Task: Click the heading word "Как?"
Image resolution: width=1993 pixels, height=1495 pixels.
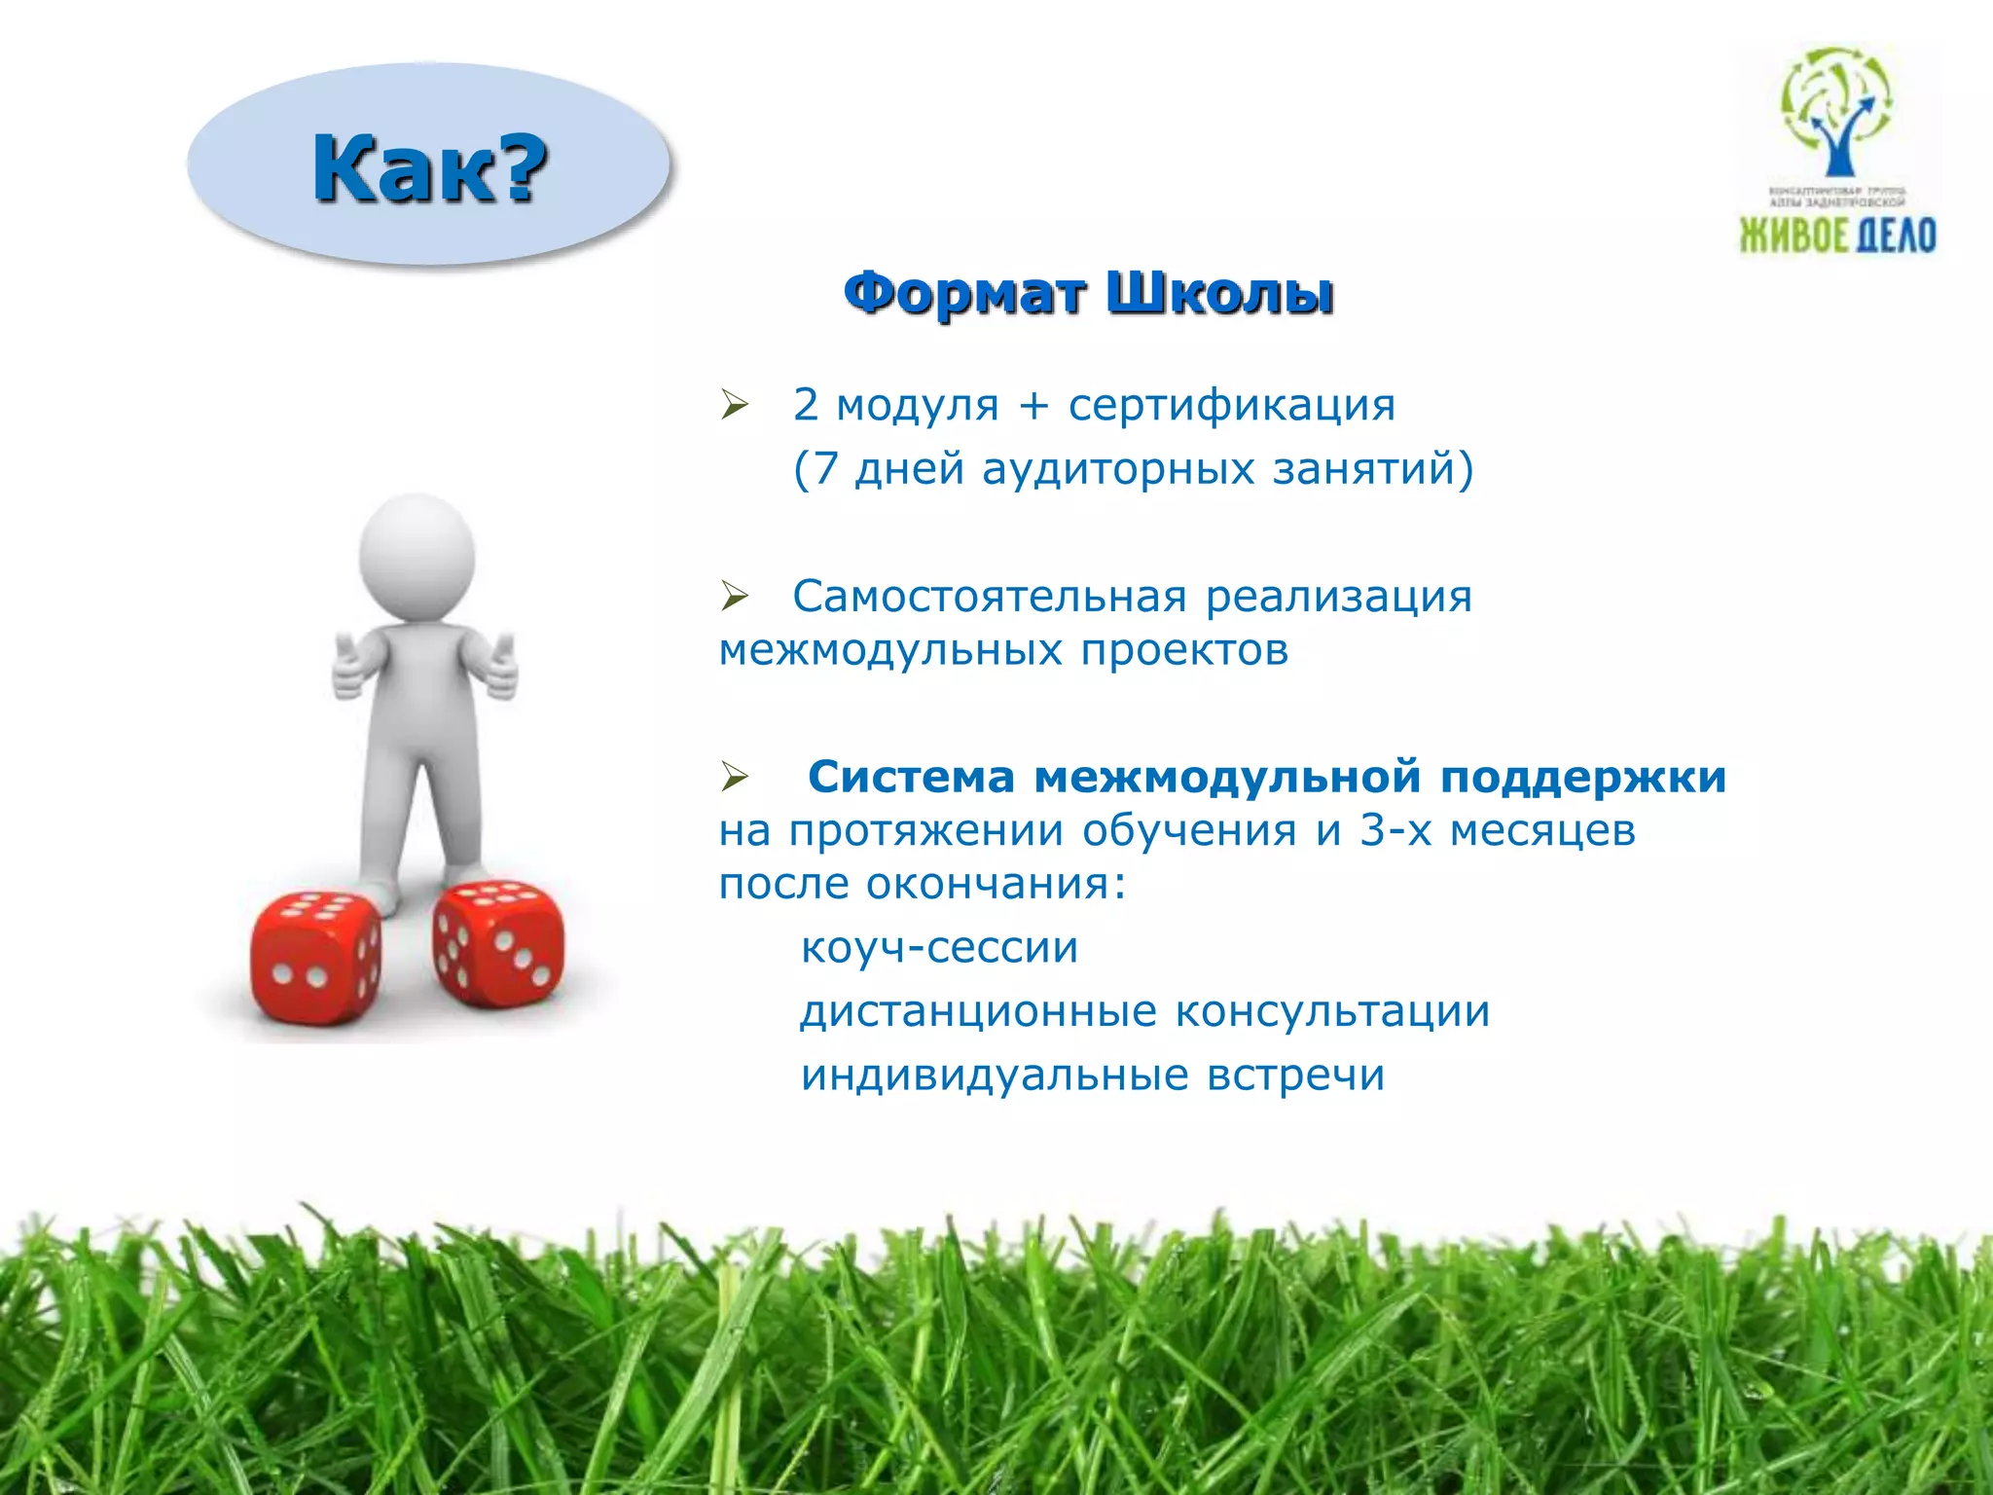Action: [x=429, y=168]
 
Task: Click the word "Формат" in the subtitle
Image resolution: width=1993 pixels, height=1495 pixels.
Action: [x=963, y=292]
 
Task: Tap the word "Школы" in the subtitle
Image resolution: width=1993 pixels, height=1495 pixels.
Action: [x=1220, y=292]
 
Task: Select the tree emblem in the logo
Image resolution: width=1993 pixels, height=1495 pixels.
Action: [x=1836, y=113]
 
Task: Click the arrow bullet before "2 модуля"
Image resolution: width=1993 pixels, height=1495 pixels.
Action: [x=735, y=403]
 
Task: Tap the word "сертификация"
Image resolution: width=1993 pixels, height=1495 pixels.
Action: [x=1232, y=405]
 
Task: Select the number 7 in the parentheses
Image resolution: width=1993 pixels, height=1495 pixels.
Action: [x=824, y=469]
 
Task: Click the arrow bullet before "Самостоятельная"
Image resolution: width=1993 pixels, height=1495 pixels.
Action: [x=735, y=595]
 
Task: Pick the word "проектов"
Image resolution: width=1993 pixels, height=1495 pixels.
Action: [x=1184, y=650]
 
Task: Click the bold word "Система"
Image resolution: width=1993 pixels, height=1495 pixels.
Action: [x=911, y=777]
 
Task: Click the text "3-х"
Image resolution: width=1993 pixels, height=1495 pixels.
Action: [x=1395, y=830]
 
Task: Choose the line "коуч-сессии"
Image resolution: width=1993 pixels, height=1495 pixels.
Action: [x=939, y=947]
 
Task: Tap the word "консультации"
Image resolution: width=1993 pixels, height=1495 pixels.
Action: [x=1332, y=1011]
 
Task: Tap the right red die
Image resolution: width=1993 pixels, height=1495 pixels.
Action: [x=497, y=942]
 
